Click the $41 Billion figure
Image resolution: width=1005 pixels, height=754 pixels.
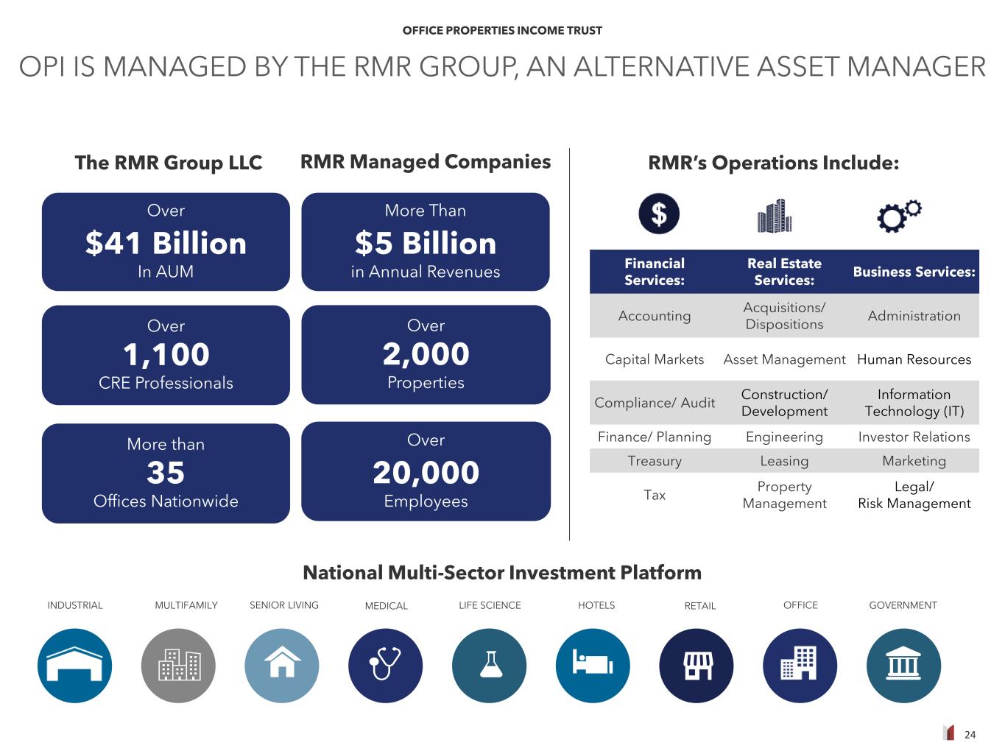[166, 244]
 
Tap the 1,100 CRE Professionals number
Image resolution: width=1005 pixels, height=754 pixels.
[166, 355]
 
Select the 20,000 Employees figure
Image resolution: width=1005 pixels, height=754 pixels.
[426, 473]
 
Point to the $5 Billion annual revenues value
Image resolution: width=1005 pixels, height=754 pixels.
[426, 244]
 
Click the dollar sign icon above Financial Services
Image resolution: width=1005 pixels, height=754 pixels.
[658, 214]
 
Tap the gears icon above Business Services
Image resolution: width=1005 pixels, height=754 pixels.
[899, 216]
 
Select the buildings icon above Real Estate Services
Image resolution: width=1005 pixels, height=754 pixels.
[775, 216]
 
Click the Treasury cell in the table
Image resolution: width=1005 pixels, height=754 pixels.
[655, 461]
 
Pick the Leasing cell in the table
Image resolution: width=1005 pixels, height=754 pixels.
[784, 461]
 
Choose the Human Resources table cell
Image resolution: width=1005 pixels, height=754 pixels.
[914, 359]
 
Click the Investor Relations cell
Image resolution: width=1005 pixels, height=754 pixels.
[914, 437]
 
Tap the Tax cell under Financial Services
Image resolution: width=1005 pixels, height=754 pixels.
[655, 495]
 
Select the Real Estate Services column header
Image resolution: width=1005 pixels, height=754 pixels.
[784, 272]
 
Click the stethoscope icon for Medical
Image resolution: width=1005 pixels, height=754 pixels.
[385, 666]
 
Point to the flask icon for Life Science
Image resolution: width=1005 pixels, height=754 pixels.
[489, 666]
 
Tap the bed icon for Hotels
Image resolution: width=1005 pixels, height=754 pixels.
[593, 666]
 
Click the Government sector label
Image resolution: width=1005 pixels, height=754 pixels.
[903, 605]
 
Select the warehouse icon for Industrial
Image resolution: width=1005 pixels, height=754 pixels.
[74, 666]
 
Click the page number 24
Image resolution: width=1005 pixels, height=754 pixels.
[970, 734]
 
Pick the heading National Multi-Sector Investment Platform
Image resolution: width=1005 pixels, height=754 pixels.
[502, 573]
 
